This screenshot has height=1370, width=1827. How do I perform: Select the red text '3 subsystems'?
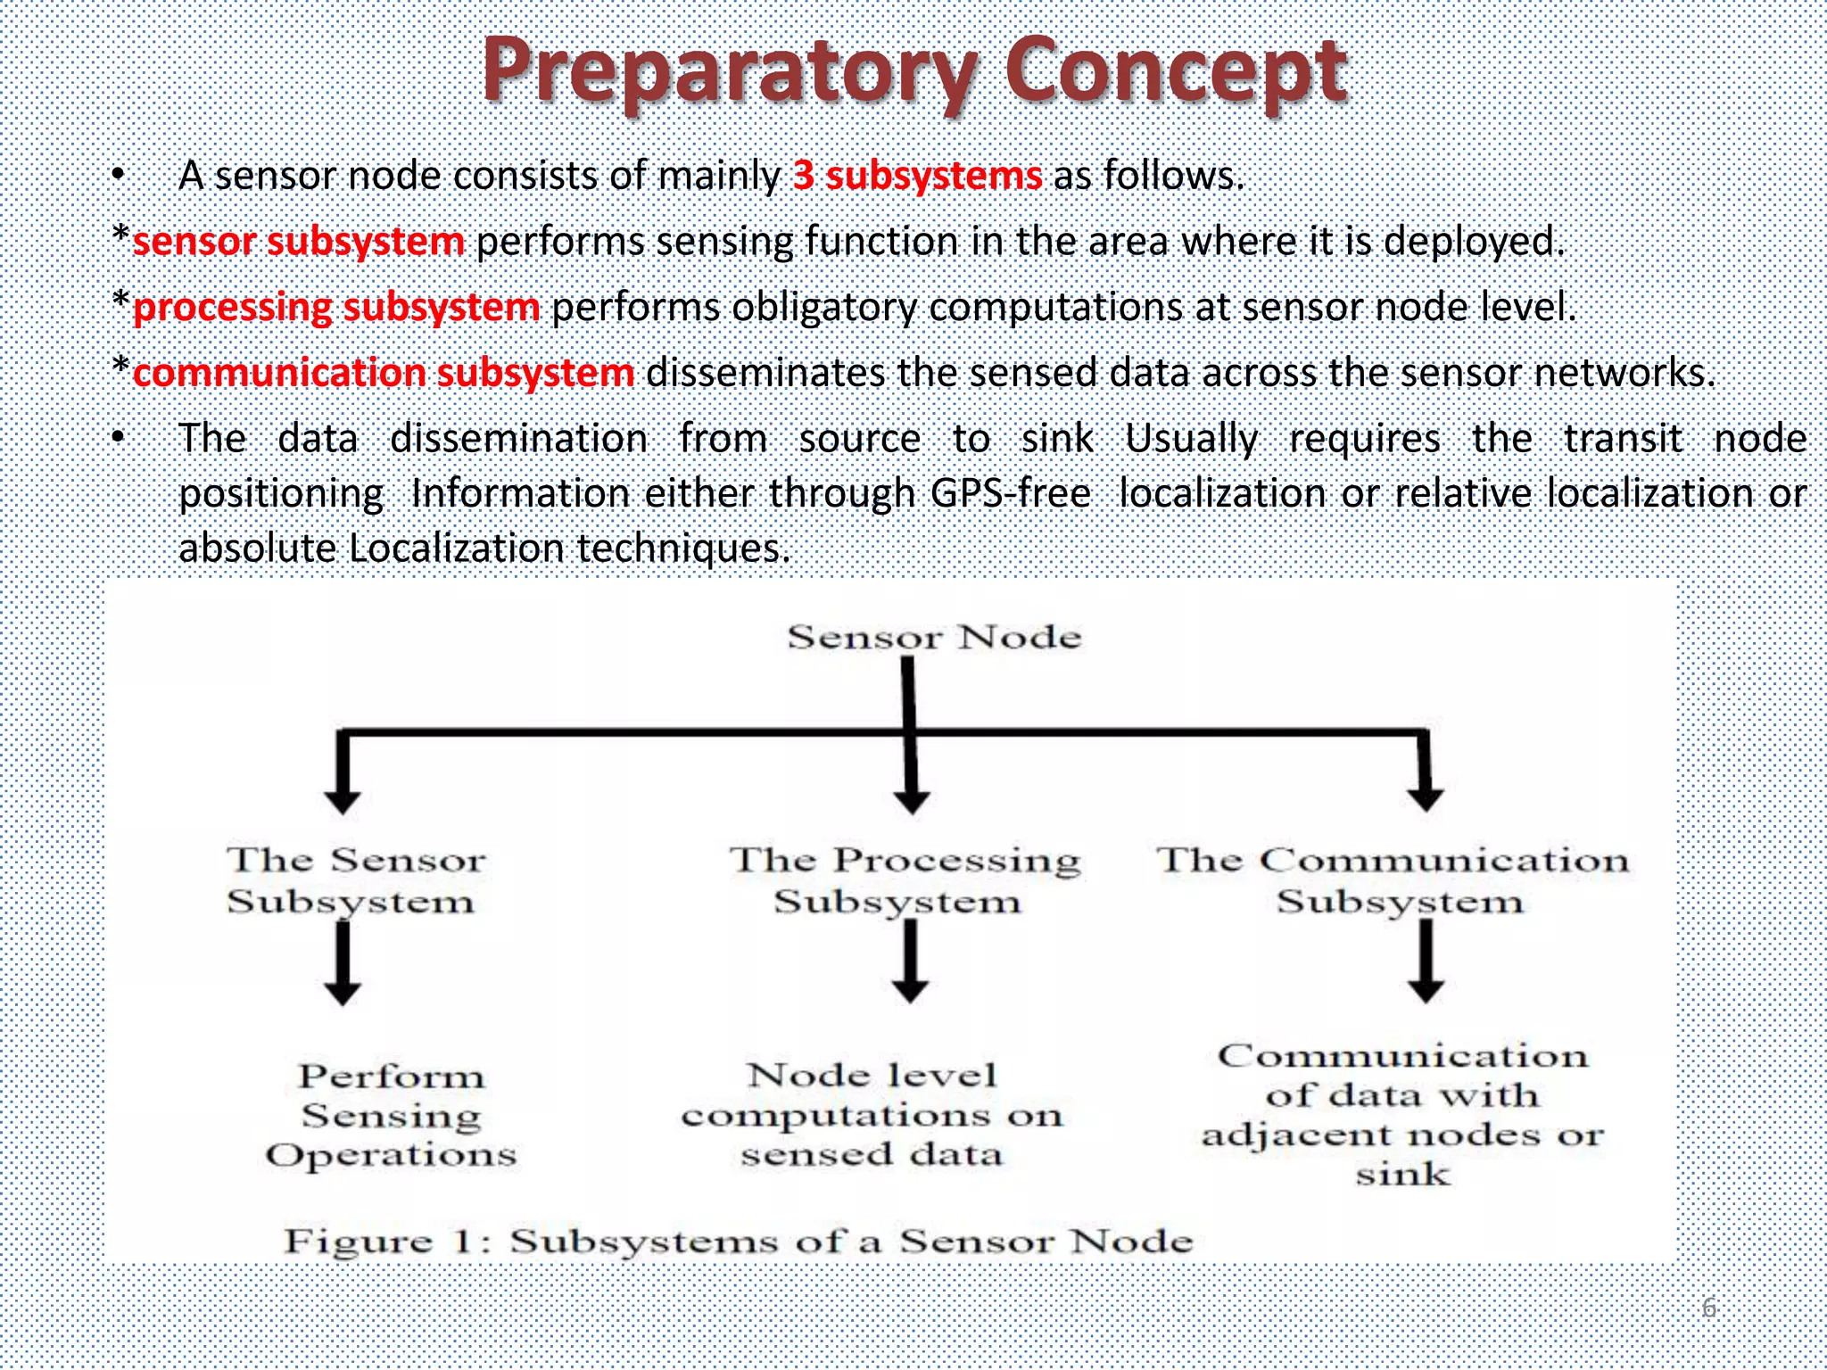[x=917, y=176]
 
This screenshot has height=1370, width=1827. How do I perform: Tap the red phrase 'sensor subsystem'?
[x=298, y=242]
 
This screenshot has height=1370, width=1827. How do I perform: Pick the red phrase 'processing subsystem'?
[x=336, y=308]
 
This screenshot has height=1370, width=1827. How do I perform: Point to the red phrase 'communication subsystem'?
[x=384, y=373]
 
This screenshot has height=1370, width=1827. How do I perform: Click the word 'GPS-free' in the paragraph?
[x=1010, y=493]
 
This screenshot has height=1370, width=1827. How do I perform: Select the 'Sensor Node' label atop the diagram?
[x=933, y=638]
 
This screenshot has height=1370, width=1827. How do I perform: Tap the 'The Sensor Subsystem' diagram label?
[x=354, y=880]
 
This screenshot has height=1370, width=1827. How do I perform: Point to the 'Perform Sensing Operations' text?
[x=391, y=1115]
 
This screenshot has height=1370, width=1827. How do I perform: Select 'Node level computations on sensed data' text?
[x=872, y=1115]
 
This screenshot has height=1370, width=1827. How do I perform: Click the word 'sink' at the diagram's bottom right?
[x=1402, y=1175]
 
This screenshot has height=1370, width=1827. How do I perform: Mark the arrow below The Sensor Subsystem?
[x=343, y=964]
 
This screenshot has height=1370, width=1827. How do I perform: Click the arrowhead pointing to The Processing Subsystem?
[x=911, y=798]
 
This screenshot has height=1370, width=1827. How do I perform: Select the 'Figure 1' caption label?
[x=385, y=1242]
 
